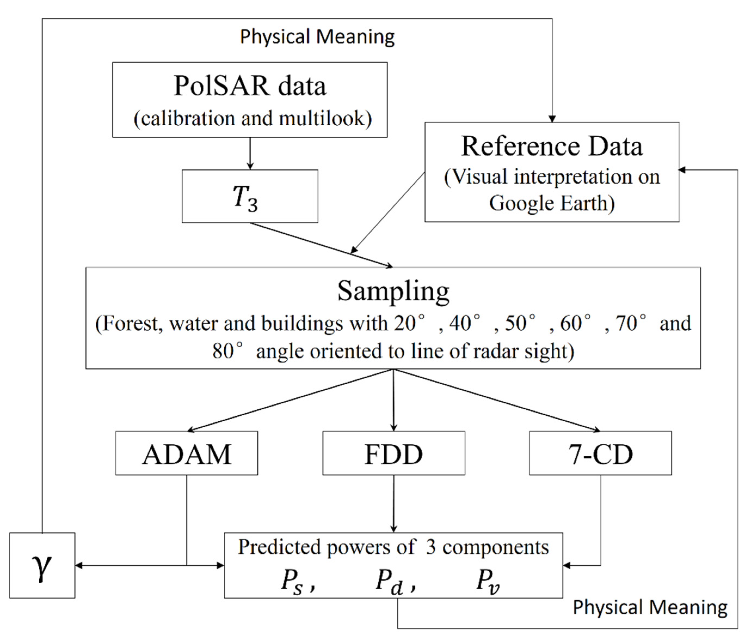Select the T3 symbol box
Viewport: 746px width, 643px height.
(250, 196)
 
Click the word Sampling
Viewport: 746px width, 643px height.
(393, 291)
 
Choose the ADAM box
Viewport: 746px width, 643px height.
(187, 453)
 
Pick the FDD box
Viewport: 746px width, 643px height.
(393, 453)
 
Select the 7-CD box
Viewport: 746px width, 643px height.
(600, 453)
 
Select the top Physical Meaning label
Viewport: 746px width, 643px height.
(317, 37)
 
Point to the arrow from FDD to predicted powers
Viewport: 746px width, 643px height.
(393, 504)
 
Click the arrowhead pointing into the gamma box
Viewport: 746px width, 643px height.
(78, 565)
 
